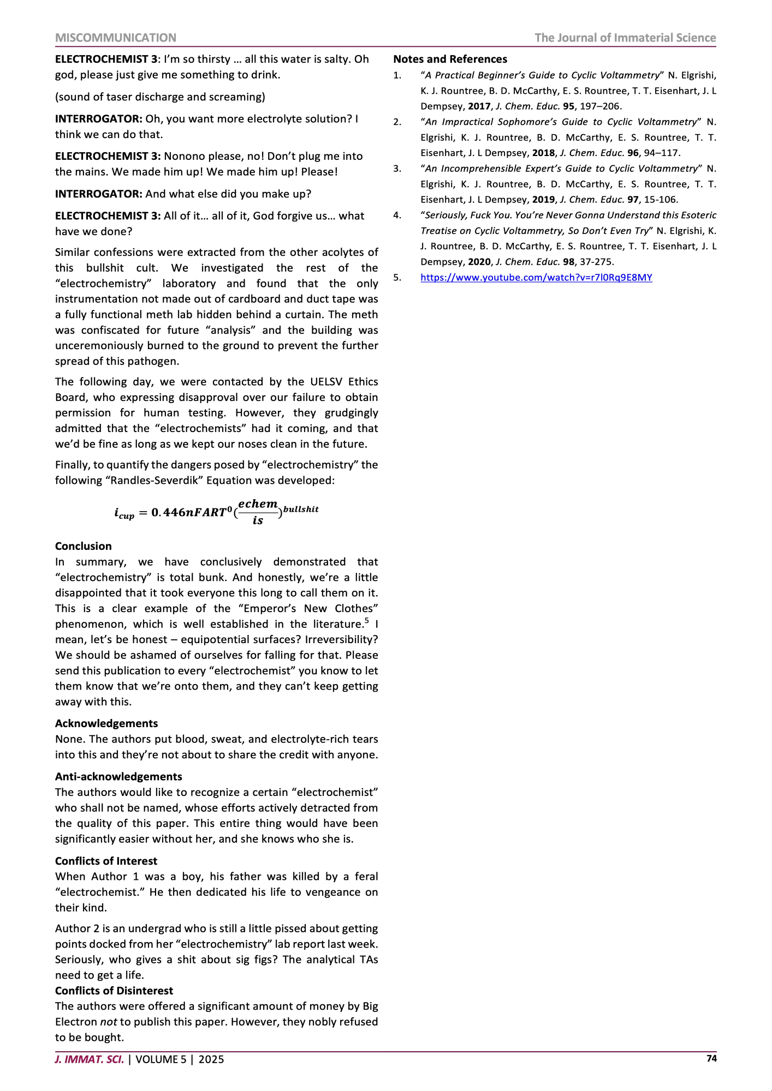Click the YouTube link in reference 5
point(536,278)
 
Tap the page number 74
point(711,1058)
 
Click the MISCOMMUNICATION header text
point(116,38)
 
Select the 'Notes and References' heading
point(450,59)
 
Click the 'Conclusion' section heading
point(83,546)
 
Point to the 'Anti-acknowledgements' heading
point(118,776)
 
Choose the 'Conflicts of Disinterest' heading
point(114,991)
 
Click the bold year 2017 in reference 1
point(479,106)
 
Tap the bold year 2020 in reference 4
point(479,262)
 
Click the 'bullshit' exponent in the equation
point(301,509)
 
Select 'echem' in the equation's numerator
point(258,504)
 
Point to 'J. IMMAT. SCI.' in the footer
point(90,1059)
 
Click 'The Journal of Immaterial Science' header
point(625,38)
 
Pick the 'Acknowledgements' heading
point(106,723)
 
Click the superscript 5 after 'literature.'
point(367,620)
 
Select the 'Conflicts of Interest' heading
point(106,861)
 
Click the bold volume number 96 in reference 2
point(633,153)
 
